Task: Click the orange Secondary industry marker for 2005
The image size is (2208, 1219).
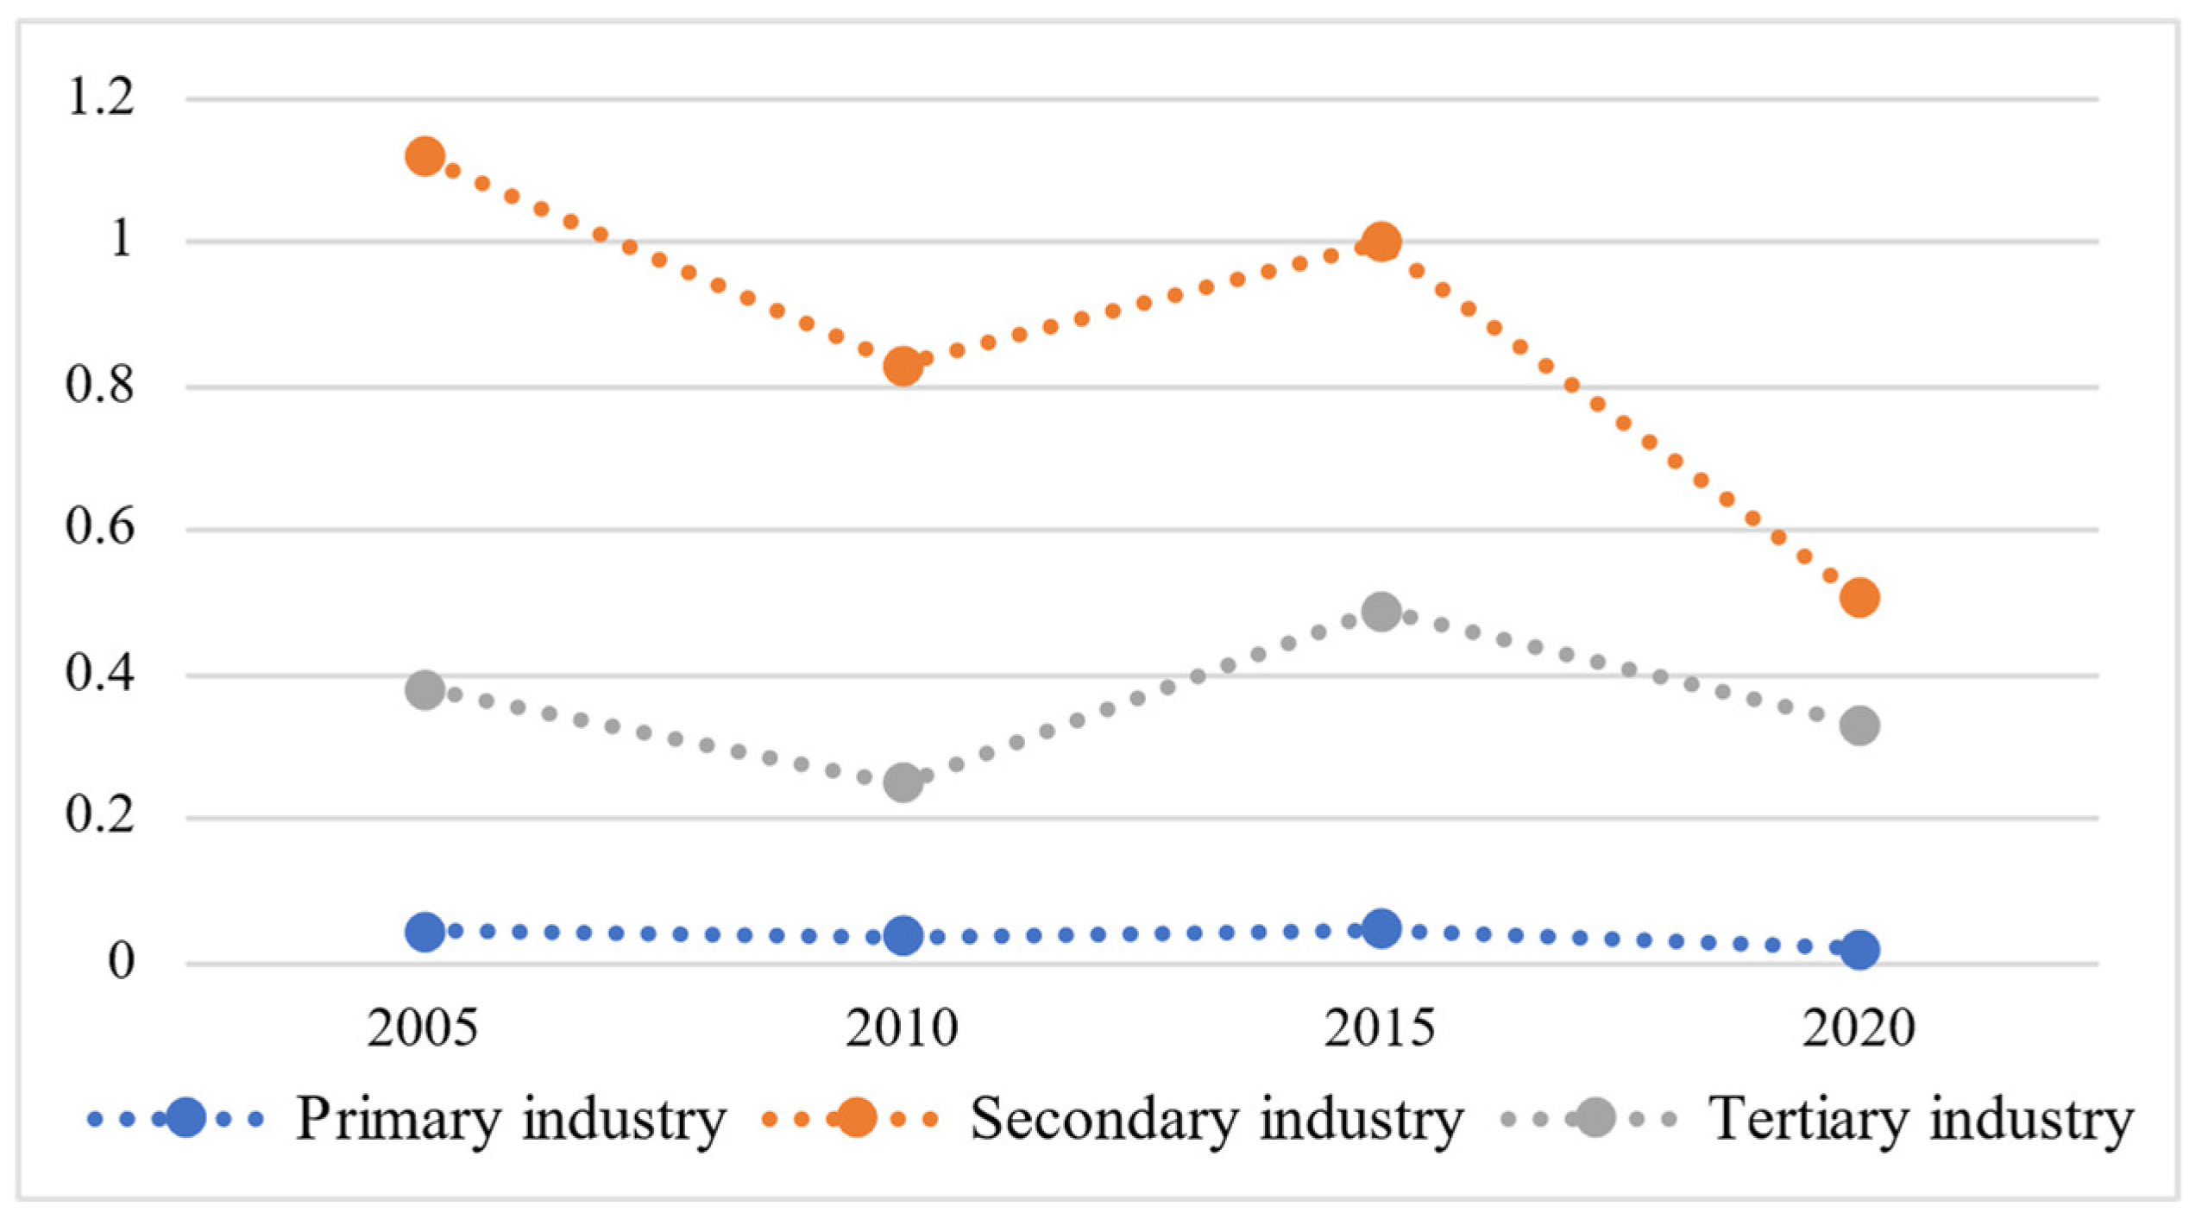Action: [x=425, y=156]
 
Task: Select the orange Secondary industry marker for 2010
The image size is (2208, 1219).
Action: [x=903, y=366]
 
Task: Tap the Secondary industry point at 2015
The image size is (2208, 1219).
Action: [x=1381, y=242]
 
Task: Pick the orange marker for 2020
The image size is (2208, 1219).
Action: [x=1859, y=597]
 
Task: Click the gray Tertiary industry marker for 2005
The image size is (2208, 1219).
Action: [x=425, y=689]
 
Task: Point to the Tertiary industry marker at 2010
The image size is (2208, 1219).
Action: [x=903, y=782]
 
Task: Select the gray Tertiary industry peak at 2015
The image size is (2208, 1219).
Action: [x=1381, y=612]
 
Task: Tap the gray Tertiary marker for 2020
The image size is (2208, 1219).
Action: [x=1859, y=725]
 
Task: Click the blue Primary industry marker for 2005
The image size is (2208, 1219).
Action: [x=425, y=932]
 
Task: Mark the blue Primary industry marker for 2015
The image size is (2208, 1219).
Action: [x=1381, y=928]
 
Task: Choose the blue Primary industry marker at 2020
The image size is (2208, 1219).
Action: [x=1859, y=950]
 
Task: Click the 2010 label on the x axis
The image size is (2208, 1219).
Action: [x=902, y=1027]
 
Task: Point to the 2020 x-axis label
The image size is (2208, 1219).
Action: [x=1859, y=1027]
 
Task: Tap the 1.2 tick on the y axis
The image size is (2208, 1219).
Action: [x=100, y=97]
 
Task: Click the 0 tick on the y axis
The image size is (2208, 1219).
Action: [x=121, y=960]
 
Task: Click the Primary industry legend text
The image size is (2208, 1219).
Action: [x=511, y=1119]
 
